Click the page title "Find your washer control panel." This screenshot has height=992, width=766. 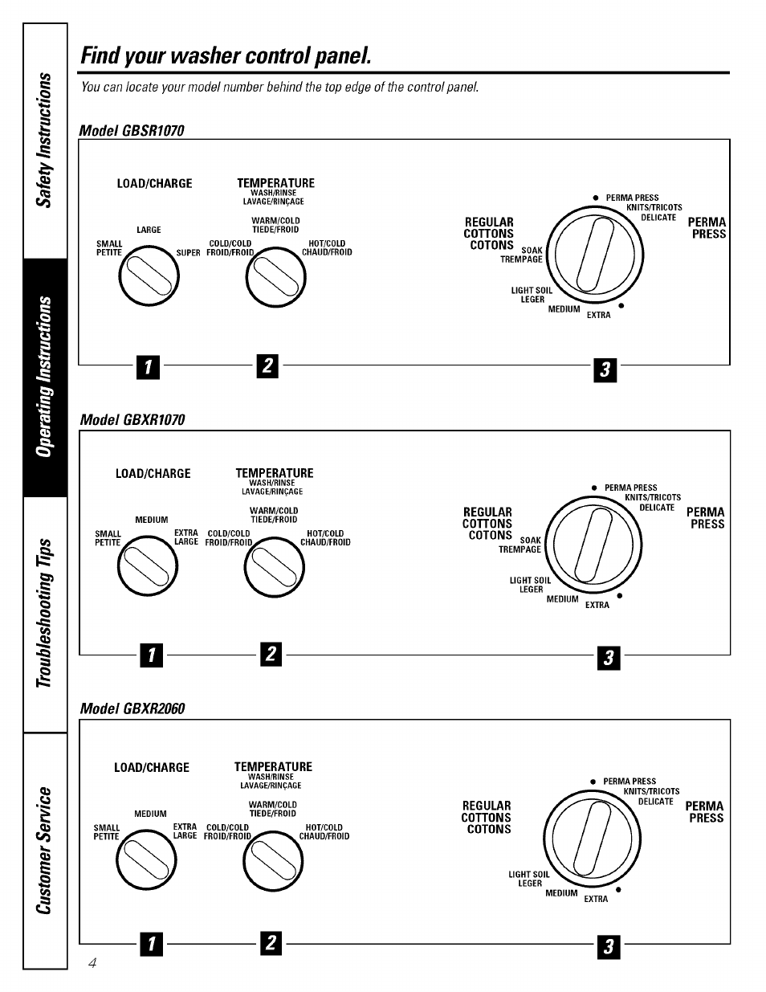pos(226,55)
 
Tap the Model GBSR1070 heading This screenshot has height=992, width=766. pos(132,130)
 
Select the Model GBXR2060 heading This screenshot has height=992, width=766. pos(132,708)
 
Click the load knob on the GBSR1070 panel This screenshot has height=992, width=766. pos(148,277)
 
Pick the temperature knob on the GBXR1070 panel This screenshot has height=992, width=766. pos(275,567)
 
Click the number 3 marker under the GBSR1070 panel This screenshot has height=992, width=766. pos(605,369)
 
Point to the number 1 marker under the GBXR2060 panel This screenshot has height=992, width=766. pos(150,945)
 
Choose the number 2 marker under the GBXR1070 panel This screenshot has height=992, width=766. pos(271,655)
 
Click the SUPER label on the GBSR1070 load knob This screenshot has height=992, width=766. pos(188,252)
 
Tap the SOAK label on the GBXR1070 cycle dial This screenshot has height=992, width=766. pos(531,541)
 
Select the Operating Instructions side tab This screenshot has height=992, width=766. pos(46,378)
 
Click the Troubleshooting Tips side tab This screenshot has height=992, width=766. pos(46,614)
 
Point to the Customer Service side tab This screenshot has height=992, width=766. pos(46,851)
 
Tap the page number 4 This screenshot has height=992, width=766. pos(93,963)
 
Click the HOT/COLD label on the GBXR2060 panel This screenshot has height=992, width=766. pos(324,827)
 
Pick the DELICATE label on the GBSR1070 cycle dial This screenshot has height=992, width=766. pos(658,218)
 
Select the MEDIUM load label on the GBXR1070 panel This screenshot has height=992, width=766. pos(152,520)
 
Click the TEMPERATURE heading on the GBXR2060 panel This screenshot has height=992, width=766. pos(273,766)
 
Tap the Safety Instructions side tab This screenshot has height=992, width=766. pos(46,141)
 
